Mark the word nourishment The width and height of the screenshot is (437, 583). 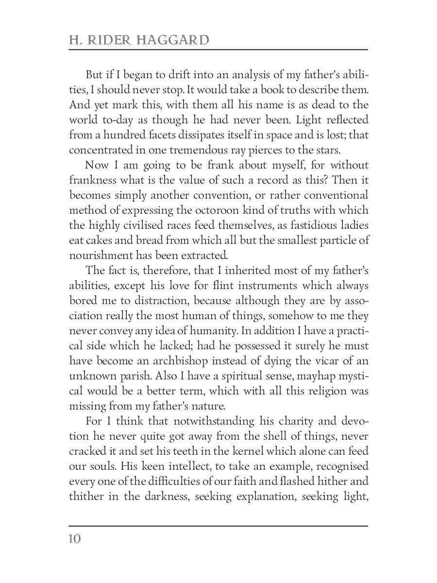pos(101,256)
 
